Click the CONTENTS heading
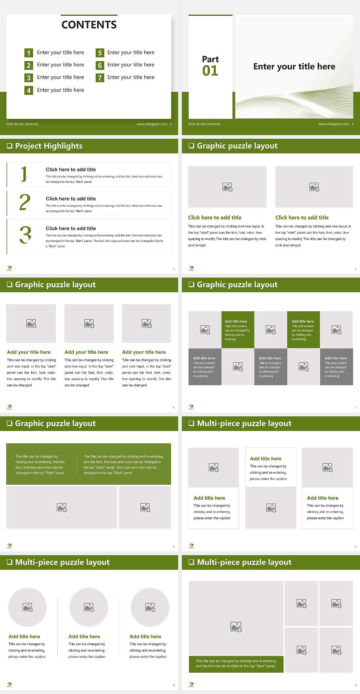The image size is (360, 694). (x=89, y=25)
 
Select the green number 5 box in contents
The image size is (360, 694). (x=100, y=53)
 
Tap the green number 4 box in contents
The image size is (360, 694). (x=28, y=90)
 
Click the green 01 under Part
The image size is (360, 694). (x=210, y=71)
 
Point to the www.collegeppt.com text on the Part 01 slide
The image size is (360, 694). (x=333, y=124)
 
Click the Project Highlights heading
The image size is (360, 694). (x=48, y=146)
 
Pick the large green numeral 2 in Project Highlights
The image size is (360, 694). (x=25, y=202)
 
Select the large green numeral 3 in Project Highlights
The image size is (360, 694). (x=25, y=235)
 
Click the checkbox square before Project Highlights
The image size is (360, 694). (x=9, y=146)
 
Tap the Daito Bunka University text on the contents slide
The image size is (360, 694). (x=22, y=124)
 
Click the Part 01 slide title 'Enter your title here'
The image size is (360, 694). (x=294, y=67)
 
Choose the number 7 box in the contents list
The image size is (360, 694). (x=100, y=78)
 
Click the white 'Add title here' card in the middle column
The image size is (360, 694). (x=271, y=467)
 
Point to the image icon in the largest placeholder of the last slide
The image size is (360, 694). (x=236, y=626)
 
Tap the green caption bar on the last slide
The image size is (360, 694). (x=236, y=663)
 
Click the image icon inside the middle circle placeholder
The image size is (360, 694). (x=89, y=607)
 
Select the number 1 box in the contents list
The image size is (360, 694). (x=28, y=53)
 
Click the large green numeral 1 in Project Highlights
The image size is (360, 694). (x=24, y=174)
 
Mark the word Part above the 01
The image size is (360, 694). (x=210, y=59)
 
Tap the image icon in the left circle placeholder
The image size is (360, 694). (x=28, y=607)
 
